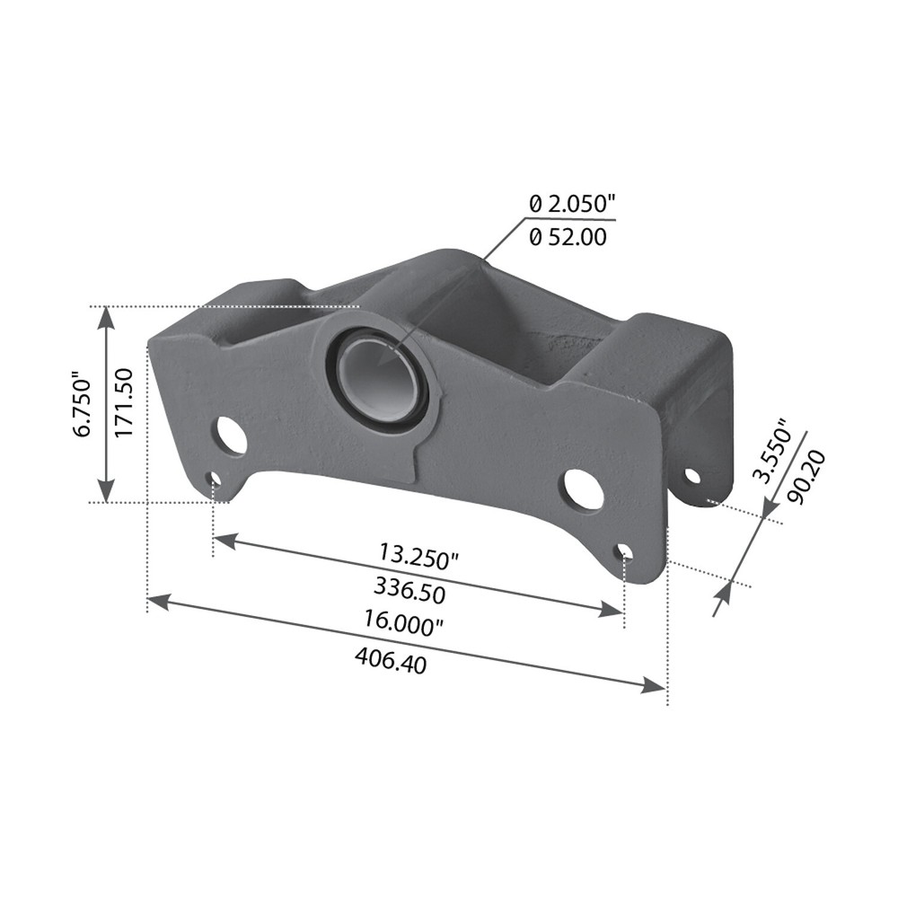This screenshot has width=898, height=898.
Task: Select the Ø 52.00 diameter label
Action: (x=568, y=237)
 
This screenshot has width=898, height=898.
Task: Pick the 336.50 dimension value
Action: (x=409, y=589)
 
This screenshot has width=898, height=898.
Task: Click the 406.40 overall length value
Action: (x=391, y=661)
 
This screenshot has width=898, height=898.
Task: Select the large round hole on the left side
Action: (x=230, y=436)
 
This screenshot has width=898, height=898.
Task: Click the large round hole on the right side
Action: (x=582, y=490)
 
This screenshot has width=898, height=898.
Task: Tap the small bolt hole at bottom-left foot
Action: (x=213, y=480)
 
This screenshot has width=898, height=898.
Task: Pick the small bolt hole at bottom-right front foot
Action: (x=625, y=551)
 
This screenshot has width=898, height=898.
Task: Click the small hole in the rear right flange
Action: (x=691, y=475)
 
